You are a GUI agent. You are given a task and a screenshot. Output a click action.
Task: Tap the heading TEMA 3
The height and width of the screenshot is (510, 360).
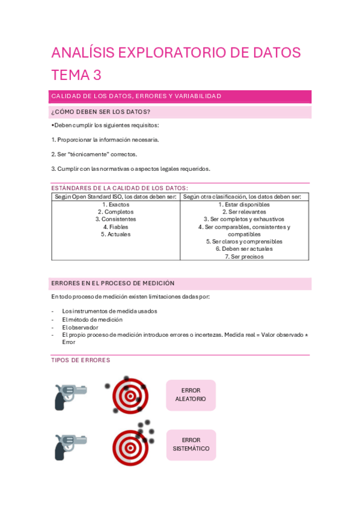(x=76, y=75)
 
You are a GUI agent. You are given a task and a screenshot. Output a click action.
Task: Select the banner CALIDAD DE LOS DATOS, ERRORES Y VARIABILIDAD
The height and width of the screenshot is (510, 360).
(x=136, y=96)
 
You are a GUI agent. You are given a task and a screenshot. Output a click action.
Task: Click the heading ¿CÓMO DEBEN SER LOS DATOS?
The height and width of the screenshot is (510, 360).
(x=101, y=112)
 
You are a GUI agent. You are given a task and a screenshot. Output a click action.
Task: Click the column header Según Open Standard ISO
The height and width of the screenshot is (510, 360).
(x=115, y=197)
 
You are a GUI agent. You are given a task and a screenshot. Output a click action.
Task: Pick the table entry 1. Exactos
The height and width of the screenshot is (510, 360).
(x=115, y=204)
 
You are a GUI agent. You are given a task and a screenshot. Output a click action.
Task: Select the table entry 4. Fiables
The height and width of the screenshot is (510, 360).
(x=115, y=227)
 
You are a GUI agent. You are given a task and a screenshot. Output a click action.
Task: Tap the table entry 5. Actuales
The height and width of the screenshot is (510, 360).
(x=115, y=234)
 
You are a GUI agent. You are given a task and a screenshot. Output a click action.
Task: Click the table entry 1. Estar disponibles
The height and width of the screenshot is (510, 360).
(x=244, y=204)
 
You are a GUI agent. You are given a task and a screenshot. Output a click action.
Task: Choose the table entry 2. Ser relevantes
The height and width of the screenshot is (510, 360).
(x=244, y=212)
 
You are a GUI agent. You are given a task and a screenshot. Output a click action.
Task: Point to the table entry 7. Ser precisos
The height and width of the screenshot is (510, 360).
(x=244, y=256)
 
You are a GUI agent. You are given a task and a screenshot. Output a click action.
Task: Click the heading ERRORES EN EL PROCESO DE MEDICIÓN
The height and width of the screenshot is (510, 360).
(x=113, y=283)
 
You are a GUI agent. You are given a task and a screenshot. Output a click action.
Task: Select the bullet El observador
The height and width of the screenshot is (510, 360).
(x=80, y=327)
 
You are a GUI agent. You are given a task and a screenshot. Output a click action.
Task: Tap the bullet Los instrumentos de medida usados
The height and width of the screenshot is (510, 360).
(x=109, y=312)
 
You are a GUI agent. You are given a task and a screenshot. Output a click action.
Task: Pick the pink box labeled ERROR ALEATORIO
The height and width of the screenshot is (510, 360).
(x=191, y=395)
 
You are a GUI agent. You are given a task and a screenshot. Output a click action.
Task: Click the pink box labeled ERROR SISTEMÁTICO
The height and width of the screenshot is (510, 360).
(x=191, y=444)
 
